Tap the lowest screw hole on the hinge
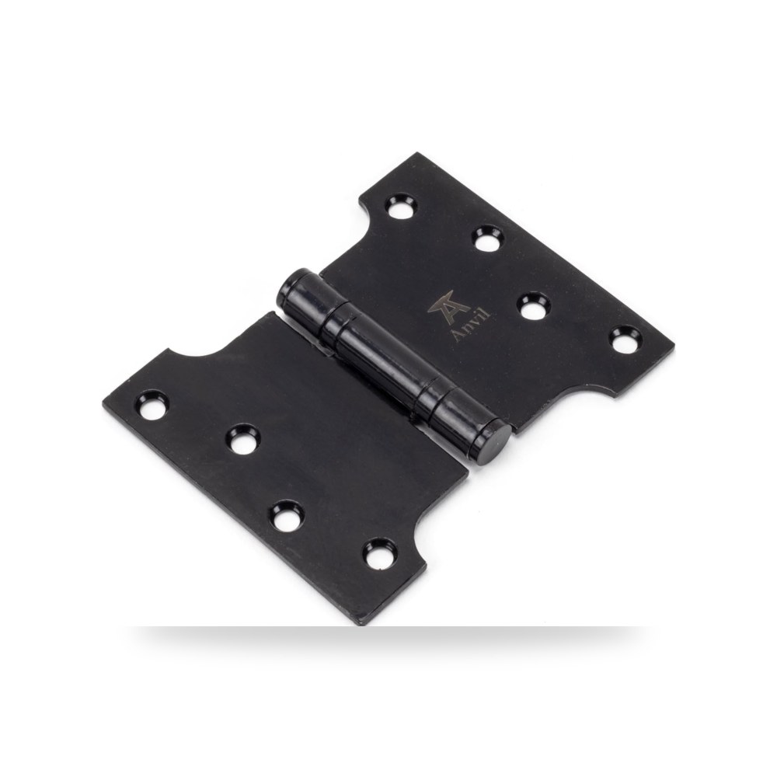click(382, 553)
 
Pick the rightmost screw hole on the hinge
click(625, 339)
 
